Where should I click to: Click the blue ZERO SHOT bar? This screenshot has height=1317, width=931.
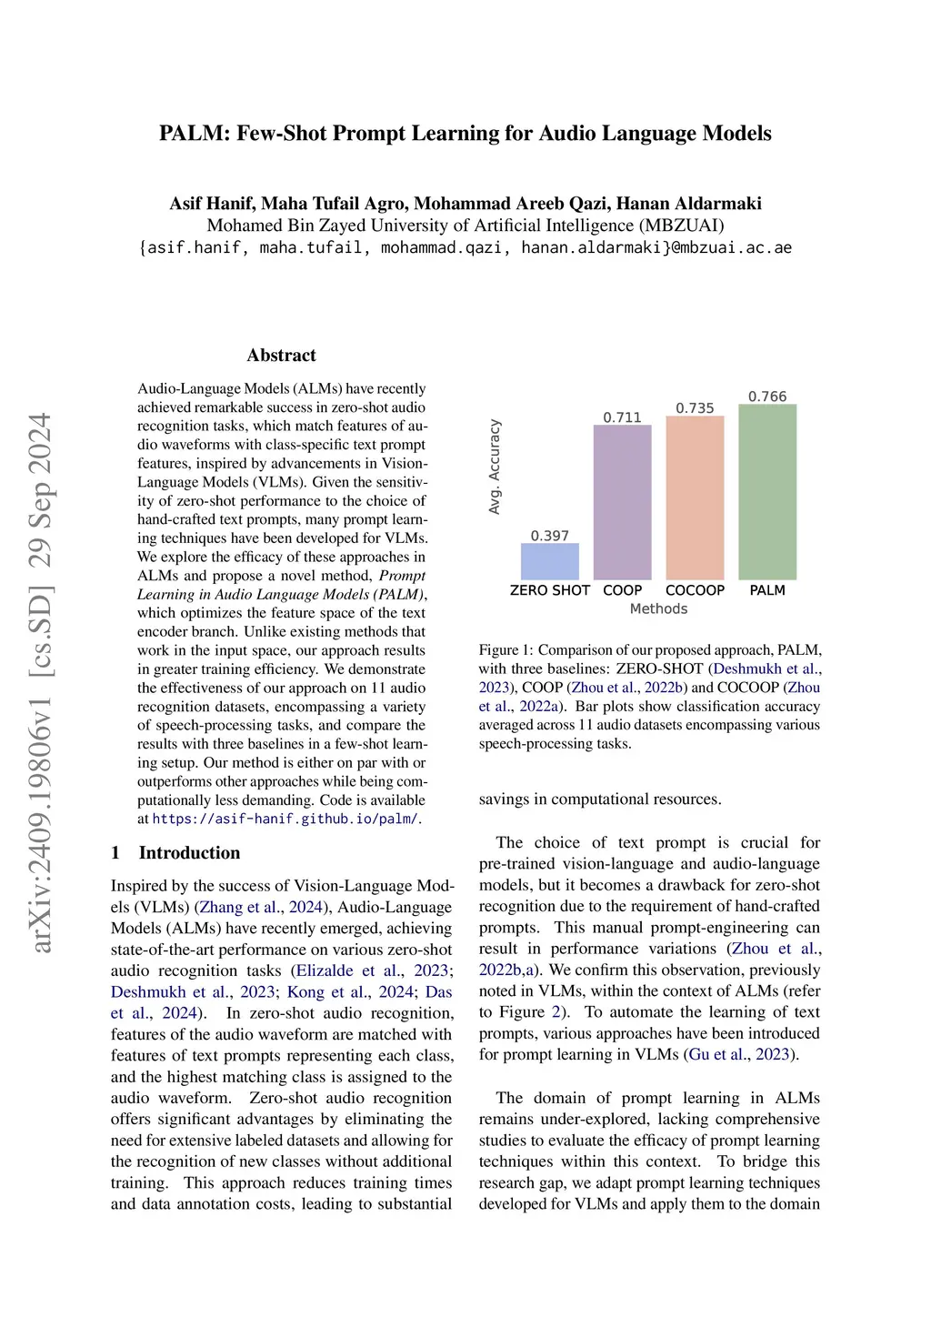[x=550, y=561]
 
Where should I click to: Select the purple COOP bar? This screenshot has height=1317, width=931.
[x=623, y=502]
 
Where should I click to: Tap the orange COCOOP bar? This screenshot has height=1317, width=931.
[x=696, y=498]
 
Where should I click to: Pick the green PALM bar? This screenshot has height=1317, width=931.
[x=767, y=492]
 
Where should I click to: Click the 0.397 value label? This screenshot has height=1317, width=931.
[x=550, y=536]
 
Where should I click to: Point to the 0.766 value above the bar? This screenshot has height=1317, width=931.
[x=767, y=397]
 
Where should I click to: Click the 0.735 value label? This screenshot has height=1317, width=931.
[x=696, y=408]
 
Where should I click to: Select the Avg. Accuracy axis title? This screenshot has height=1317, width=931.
[x=495, y=467]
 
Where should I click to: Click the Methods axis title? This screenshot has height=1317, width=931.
[x=658, y=608]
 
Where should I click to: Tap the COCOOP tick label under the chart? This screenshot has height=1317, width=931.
[x=696, y=590]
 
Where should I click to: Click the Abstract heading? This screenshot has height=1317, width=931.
[x=282, y=356]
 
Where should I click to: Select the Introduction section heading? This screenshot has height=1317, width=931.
[x=189, y=852]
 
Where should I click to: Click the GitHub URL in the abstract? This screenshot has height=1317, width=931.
[x=285, y=819]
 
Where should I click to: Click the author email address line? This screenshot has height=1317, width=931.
[x=465, y=247]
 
